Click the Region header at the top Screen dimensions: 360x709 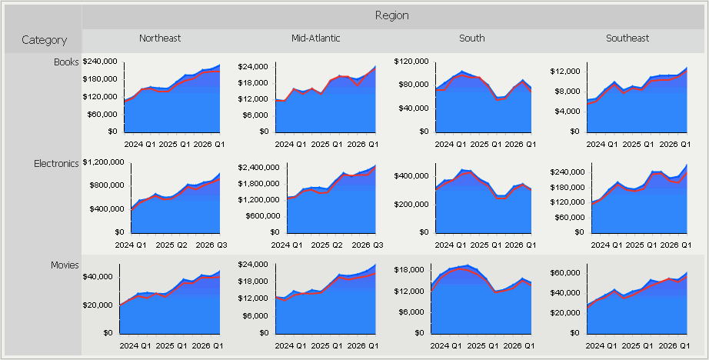tap(391, 15)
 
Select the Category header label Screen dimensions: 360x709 tap(44, 40)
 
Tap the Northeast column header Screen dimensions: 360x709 tap(160, 38)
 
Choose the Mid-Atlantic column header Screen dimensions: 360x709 tap(315, 38)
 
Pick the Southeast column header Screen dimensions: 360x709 tap(627, 38)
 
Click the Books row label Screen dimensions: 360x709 tap(66, 62)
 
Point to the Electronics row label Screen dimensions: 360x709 tap(56, 163)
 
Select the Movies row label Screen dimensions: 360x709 tap(65, 265)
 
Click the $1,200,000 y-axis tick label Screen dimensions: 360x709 tap(103, 162)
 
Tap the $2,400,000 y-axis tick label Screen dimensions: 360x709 tap(259, 167)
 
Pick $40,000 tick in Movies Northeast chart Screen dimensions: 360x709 tap(98, 277)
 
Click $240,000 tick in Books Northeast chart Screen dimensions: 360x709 tap(101, 62)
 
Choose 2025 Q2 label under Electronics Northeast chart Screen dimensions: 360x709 tap(171, 245)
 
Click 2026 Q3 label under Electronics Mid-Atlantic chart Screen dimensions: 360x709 tap(366, 245)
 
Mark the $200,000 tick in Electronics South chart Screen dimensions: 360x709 tap(412, 204)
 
